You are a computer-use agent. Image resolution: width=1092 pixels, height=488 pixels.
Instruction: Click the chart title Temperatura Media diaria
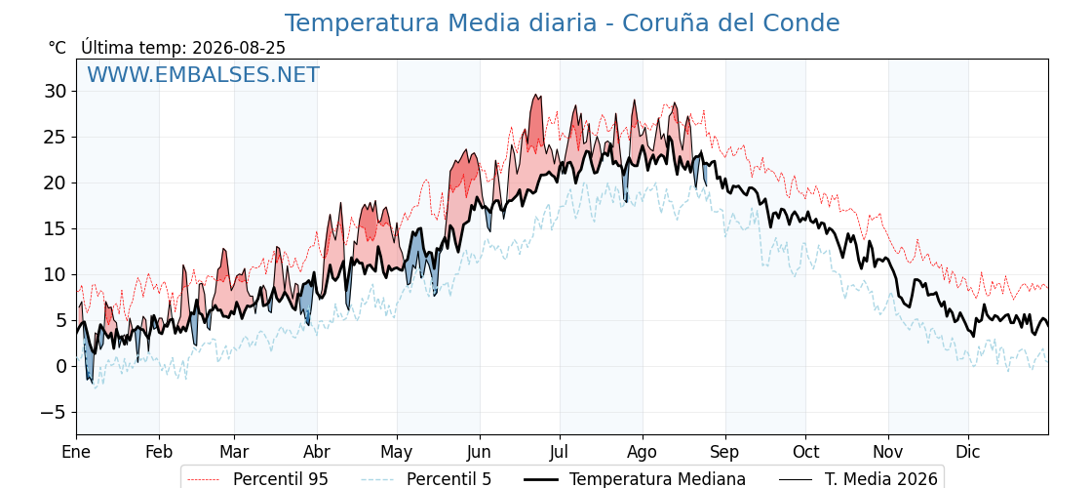coord(441,23)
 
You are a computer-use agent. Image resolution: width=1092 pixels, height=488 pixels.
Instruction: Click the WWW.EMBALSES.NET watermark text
coord(204,74)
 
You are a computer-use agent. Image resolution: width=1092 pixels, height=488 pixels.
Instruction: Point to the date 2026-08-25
coord(239,48)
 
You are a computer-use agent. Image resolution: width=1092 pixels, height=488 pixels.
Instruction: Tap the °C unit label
coord(58,48)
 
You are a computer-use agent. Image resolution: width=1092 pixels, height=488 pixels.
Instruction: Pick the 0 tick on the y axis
coord(60,366)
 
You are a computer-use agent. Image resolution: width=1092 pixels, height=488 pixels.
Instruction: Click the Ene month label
coord(76,452)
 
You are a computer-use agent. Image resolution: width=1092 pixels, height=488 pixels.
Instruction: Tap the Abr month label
coord(317,452)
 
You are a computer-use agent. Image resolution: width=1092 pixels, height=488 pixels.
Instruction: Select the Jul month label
coord(560,452)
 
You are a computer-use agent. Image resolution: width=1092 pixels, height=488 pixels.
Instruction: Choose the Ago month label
coord(643,453)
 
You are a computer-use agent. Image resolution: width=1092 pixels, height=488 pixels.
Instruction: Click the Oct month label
coord(805,452)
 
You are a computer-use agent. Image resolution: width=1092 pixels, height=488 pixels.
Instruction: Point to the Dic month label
coord(968,452)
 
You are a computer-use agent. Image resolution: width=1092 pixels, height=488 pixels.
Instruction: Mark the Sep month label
coord(725,453)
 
